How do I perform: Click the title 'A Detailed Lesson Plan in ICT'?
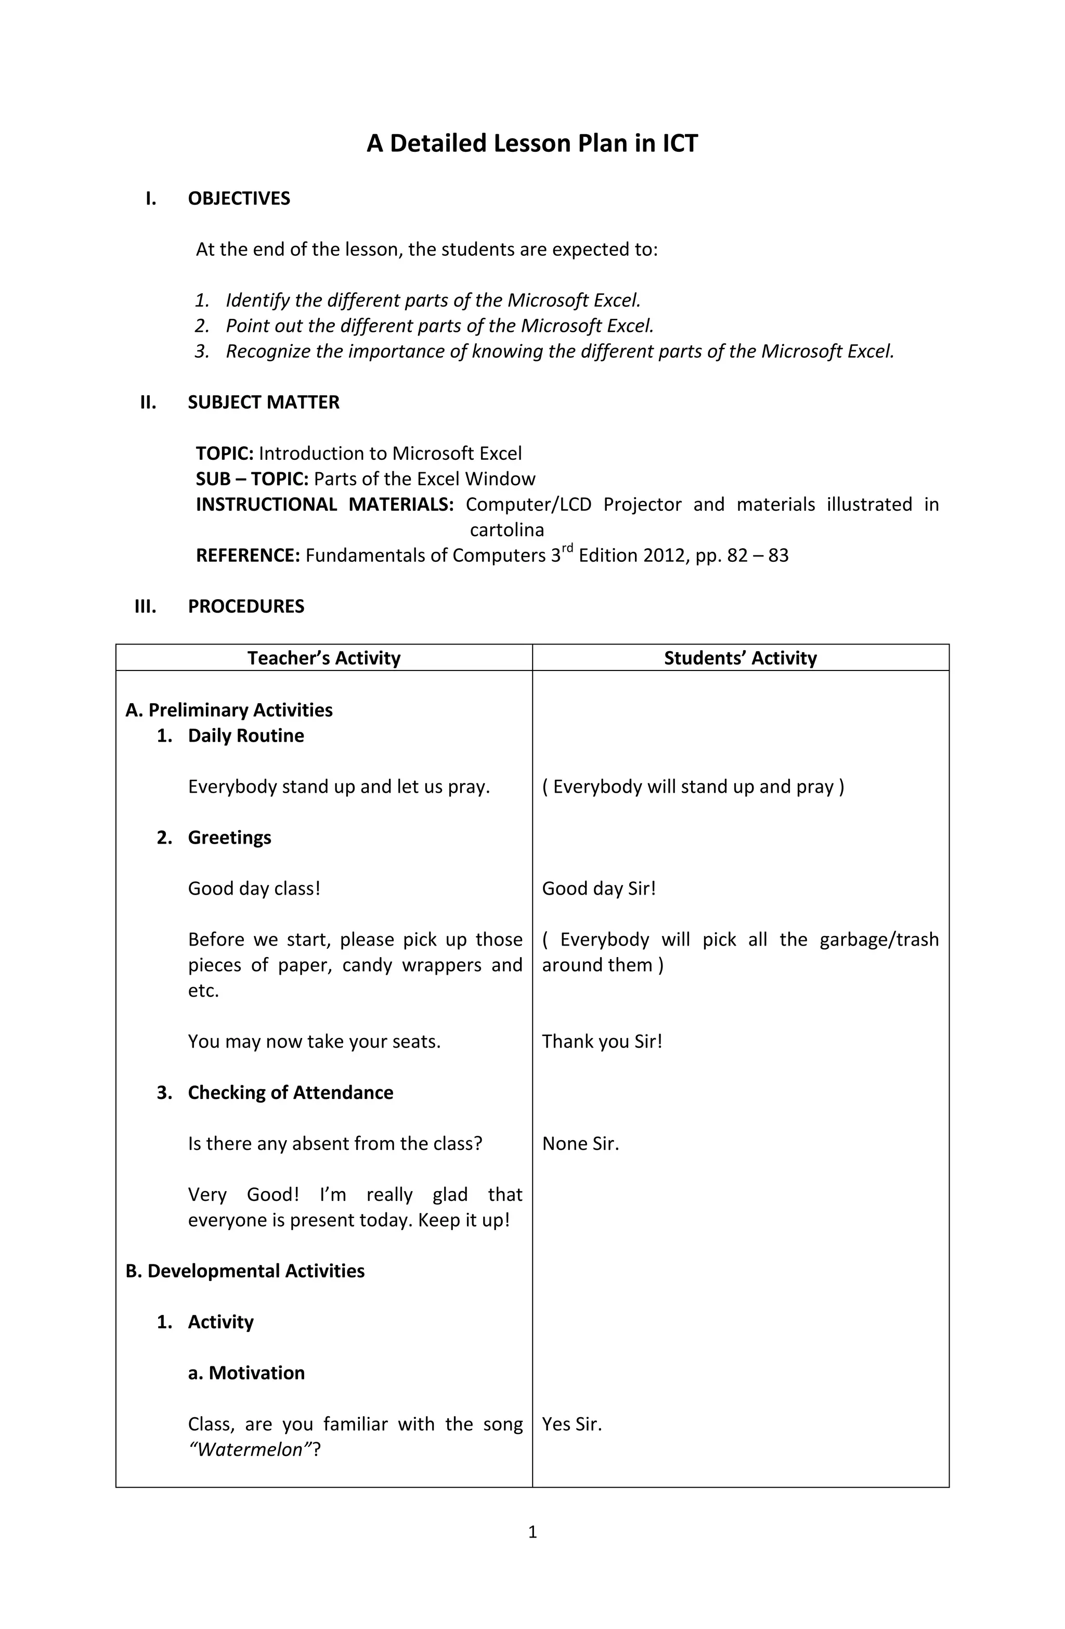tap(532, 144)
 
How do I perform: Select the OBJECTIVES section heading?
tap(239, 199)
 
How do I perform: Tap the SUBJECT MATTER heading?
tap(264, 403)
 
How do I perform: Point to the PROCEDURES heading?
tap(246, 606)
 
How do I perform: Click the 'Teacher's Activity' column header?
tap(324, 658)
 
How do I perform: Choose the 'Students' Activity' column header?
tap(740, 658)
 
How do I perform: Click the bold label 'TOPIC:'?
tap(225, 454)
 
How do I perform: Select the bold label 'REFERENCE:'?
tap(248, 556)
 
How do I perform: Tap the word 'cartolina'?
tap(506, 531)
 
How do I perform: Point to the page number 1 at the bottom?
tap(532, 1532)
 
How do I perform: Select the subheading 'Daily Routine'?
tap(246, 736)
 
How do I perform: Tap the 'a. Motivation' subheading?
tap(246, 1373)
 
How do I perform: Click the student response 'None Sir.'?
tap(580, 1144)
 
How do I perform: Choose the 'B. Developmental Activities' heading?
tap(245, 1271)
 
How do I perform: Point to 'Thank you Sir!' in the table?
tap(602, 1042)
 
